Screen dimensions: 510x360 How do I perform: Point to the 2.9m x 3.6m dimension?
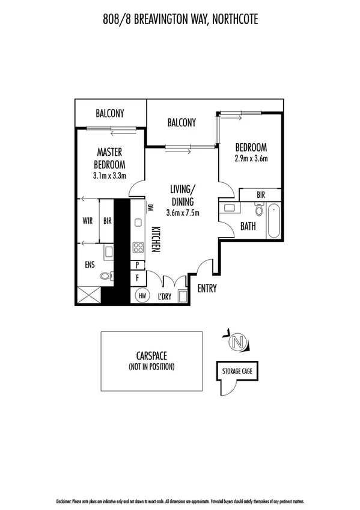click(x=251, y=159)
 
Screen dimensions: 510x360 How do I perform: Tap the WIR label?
click(x=87, y=221)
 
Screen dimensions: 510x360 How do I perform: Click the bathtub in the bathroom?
click(x=274, y=221)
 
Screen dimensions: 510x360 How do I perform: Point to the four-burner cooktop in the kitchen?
click(x=137, y=247)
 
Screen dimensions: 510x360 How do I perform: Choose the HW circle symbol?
click(x=143, y=295)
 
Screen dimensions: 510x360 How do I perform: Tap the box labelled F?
click(x=138, y=278)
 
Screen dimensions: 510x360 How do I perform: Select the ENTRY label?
click(x=207, y=289)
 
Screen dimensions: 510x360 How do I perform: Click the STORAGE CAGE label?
click(x=237, y=371)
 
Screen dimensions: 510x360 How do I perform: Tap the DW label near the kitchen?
click(x=150, y=208)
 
